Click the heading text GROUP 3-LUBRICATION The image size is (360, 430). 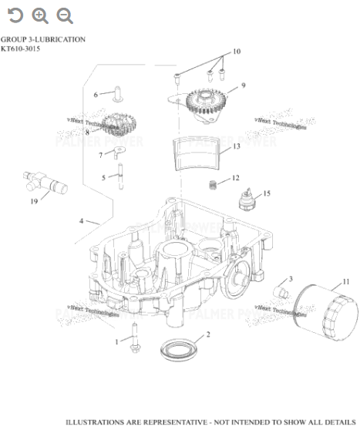pos(43,39)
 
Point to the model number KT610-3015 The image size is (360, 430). pos(21,49)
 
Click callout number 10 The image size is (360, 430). pos(237,52)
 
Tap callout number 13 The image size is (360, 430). pos(237,146)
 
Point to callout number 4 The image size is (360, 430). pos(81,221)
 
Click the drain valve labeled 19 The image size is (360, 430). pos(43,184)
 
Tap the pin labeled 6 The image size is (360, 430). pos(116,94)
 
